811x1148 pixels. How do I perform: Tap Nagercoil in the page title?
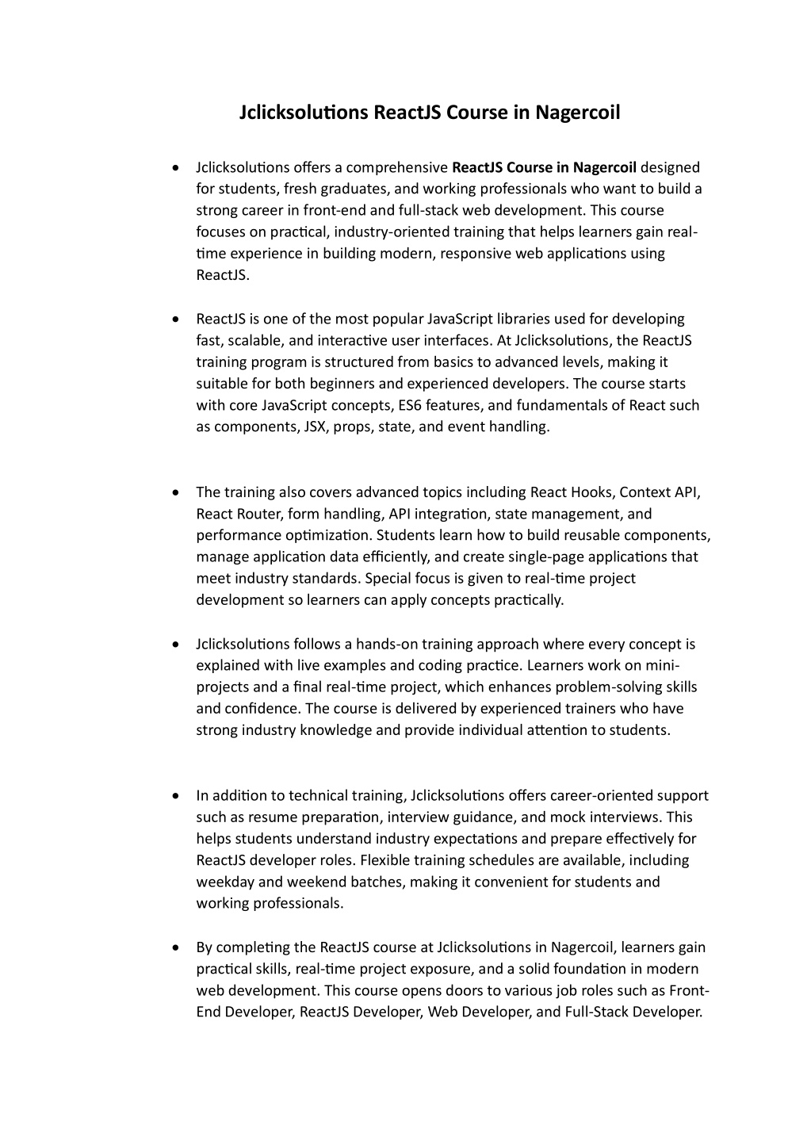577,113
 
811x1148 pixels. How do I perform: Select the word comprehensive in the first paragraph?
397,167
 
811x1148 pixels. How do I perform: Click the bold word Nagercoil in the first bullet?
605,167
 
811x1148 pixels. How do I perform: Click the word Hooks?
591,492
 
